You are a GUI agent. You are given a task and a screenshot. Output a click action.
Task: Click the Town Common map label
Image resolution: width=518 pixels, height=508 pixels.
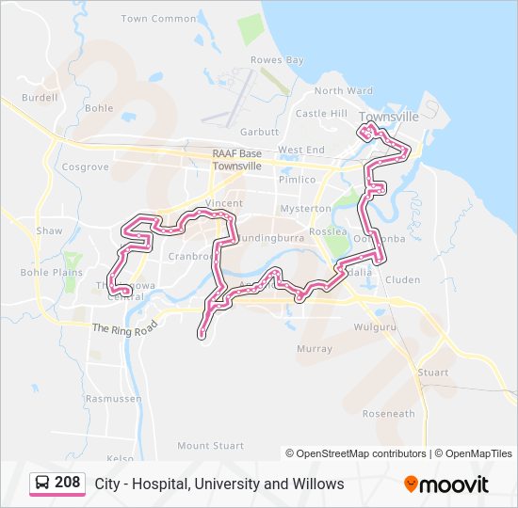(x=159, y=19)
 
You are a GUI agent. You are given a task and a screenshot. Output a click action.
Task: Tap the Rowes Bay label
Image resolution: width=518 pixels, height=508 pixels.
(x=277, y=60)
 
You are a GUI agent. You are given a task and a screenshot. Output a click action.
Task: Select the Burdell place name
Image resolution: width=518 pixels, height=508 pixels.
(x=40, y=97)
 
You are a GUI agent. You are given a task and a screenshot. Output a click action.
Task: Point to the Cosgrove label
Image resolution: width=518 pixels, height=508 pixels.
(x=85, y=167)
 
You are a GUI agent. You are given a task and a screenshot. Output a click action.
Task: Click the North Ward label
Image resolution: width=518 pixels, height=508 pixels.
(x=344, y=91)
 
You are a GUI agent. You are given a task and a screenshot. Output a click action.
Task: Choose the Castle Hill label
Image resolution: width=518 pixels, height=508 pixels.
(x=321, y=114)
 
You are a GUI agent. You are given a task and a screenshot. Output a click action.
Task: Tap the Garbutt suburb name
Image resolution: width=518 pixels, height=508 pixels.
(x=260, y=133)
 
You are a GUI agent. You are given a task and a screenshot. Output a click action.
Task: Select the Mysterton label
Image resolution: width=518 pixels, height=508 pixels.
(x=306, y=209)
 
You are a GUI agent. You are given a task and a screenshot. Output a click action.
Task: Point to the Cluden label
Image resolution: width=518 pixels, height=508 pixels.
(x=402, y=279)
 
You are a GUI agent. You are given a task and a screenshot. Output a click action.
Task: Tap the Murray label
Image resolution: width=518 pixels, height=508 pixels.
(x=315, y=349)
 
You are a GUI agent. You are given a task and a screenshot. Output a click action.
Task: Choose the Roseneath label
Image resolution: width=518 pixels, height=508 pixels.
(x=389, y=414)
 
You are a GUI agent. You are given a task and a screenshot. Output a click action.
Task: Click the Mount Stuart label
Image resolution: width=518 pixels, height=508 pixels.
(x=210, y=446)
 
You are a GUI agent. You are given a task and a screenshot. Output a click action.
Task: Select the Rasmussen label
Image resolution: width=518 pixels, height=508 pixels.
(x=113, y=398)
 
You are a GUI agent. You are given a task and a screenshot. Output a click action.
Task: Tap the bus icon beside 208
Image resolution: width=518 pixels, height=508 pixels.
(x=43, y=484)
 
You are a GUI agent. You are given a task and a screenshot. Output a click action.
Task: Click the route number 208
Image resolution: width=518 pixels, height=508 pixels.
(x=67, y=483)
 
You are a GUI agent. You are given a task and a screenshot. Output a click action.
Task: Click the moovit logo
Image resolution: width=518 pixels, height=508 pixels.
(x=446, y=484)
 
